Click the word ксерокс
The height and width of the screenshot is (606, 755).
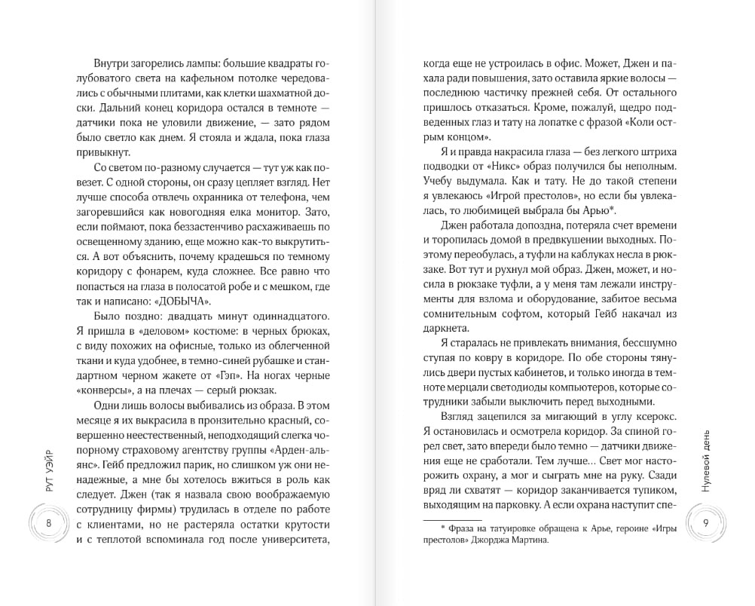tap(663, 418)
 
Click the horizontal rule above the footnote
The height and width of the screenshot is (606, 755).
tap(449, 519)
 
